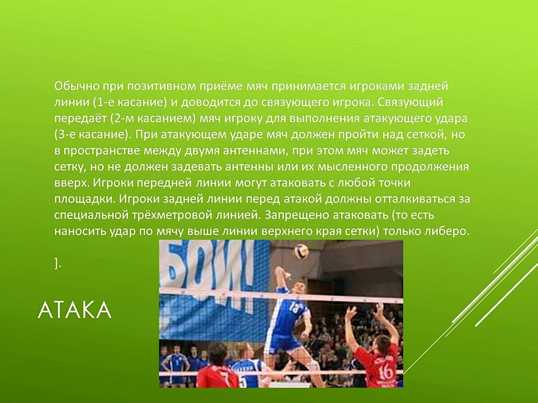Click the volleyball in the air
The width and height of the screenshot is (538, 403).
(301, 252)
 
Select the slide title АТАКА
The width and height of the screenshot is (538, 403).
(75, 311)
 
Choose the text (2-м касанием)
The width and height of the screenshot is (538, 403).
(153, 119)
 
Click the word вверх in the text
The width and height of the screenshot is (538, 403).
(72, 183)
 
